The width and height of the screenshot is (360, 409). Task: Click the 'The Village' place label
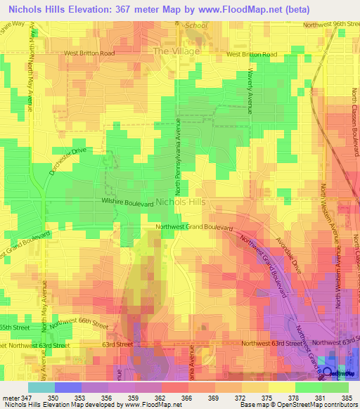[x=176, y=51]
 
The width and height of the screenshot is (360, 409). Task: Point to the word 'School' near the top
[x=197, y=25]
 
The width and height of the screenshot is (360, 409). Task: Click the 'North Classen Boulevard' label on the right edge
[x=355, y=126]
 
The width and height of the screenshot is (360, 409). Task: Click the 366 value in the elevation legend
[x=187, y=397]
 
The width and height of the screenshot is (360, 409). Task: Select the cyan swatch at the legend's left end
[x=41, y=387]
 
